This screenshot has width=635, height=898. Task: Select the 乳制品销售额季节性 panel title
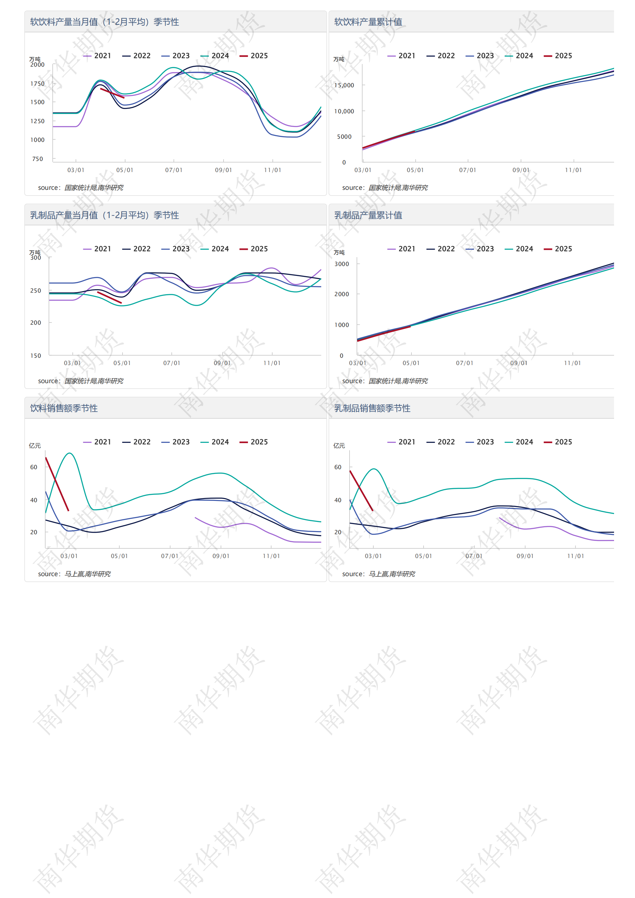[372, 408]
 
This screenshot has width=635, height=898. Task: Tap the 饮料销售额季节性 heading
[64, 408]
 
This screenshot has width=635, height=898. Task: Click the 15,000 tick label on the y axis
[344, 85]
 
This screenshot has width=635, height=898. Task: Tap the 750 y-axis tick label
[37, 159]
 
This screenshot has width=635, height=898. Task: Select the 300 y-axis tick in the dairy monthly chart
[36, 258]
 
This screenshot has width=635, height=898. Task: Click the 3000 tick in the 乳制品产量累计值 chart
[342, 264]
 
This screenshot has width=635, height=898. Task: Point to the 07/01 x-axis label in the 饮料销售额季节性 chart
[170, 556]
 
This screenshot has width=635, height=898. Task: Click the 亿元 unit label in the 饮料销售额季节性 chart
[35, 445]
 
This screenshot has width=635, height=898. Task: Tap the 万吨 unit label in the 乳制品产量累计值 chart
[339, 253]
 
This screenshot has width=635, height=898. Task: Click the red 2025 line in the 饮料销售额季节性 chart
[57, 484]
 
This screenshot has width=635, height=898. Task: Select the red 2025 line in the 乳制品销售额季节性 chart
[361, 490]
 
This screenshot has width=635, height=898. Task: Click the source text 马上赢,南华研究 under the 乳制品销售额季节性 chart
[392, 574]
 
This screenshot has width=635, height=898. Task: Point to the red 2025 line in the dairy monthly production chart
[110, 297]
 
